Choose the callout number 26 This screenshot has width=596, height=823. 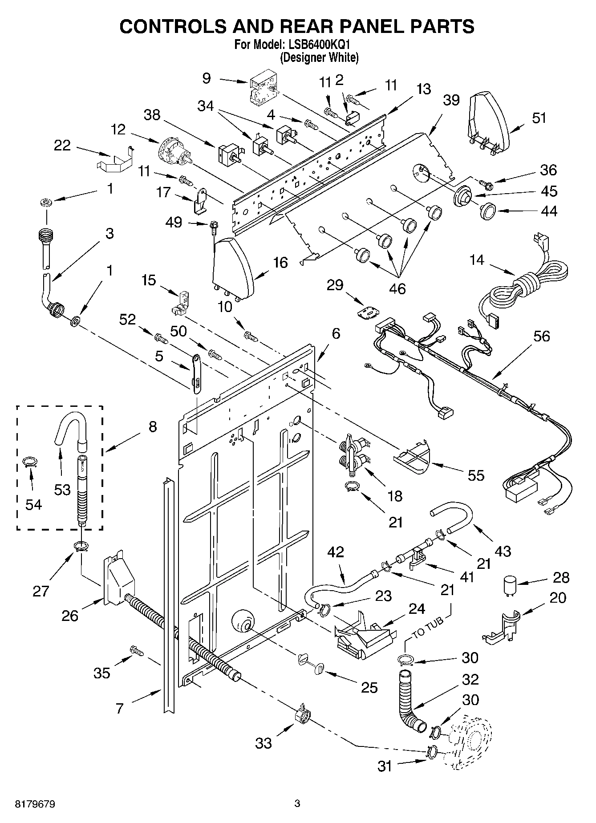(70, 616)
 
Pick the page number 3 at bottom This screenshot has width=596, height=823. (297, 803)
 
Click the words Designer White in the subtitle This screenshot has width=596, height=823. (319, 57)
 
